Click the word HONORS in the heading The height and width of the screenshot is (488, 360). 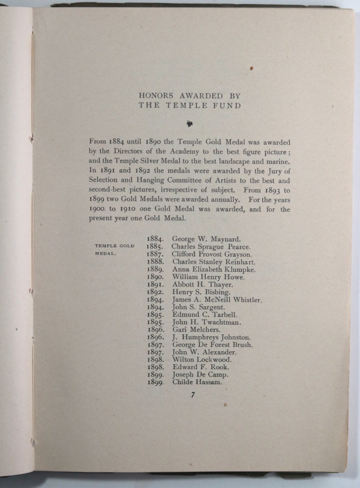[x=155, y=95]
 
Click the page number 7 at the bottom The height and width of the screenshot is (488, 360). [x=192, y=396]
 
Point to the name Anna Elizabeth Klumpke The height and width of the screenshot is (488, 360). [x=214, y=270]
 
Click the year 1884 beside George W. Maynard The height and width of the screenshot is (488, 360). [x=155, y=238]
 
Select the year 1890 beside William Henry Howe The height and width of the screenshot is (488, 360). [x=155, y=277]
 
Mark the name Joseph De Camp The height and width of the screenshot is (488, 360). [x=200, y=375]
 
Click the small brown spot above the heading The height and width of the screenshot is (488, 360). [x=251, y=68]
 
